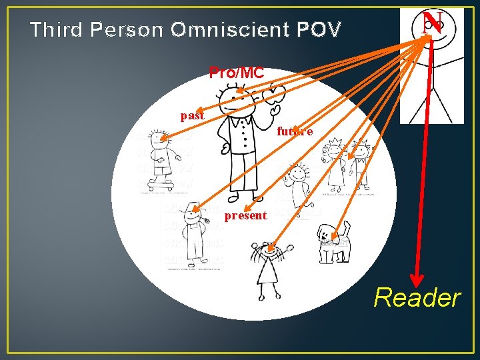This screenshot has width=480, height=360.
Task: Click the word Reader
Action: (417, 298)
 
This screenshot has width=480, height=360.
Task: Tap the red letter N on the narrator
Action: (432, 24)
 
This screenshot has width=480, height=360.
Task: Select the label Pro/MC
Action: (237, 73)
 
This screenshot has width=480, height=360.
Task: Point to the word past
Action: (192, 115)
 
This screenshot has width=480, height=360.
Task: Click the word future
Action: (294, 131)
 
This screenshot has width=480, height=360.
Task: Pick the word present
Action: (245, 215)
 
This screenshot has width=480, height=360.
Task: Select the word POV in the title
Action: (319, 30)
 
